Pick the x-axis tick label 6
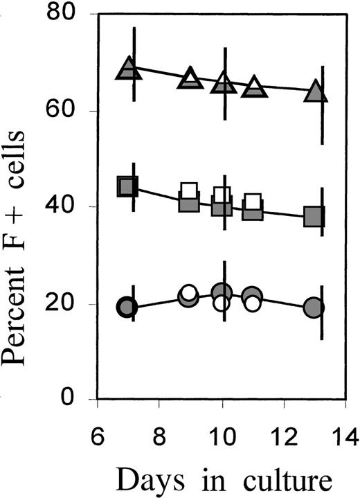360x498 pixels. tap(98, 436)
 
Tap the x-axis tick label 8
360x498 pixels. tap(159, 436)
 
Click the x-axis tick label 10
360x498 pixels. tap(222, 436)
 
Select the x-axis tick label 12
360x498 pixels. tap(283, 436)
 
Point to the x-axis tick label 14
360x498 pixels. tap(344, 436)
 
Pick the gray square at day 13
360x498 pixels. tap(314, 217)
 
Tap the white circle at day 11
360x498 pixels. tap(252, 303)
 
